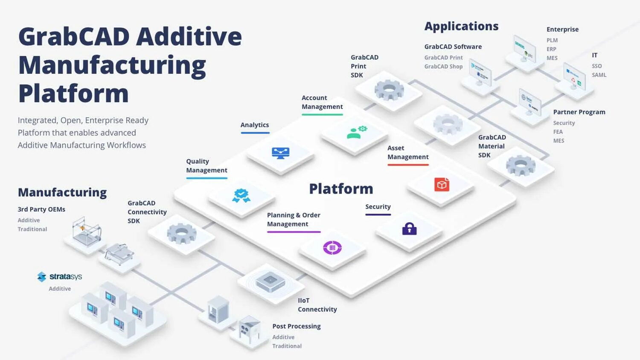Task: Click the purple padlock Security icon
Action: [409, 229]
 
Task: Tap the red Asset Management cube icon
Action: [442, 184]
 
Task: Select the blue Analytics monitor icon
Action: [280, 153]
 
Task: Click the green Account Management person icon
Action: [356, 132]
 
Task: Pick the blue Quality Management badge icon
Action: [241, 195]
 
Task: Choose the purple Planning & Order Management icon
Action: [332, 247]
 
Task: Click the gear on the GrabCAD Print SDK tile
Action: [389, 90]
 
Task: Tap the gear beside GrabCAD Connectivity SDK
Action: [181, 233]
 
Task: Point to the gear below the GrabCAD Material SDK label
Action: [521, 165]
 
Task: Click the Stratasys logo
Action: [59, 276]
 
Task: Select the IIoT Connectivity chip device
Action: [270, 281]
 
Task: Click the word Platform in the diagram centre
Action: [341, 189]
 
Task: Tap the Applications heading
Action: [461, 26]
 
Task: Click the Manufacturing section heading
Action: [62, 192]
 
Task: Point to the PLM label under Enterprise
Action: [552, 40]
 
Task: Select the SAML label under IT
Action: [599, 75]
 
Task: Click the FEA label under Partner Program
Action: [558, 132]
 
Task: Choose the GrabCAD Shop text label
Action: [443, 67]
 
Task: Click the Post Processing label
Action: [296, 326]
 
